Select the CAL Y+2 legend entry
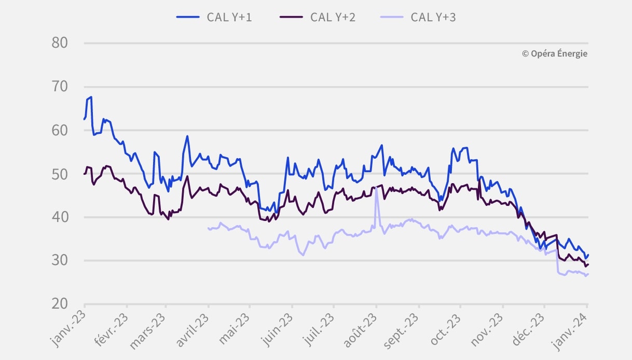point(317,17)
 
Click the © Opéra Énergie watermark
point(555,53)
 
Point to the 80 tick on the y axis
point(60,43)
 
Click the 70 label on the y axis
point(60,87)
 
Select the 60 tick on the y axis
point(60,130)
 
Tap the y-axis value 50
point(60,174)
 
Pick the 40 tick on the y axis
point(60,217)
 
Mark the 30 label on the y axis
point(60,261)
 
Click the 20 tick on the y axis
point(60,304)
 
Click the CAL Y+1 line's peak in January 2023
point(91,97)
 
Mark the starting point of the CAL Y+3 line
point(208,228)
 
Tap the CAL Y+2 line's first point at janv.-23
point(85,174)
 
